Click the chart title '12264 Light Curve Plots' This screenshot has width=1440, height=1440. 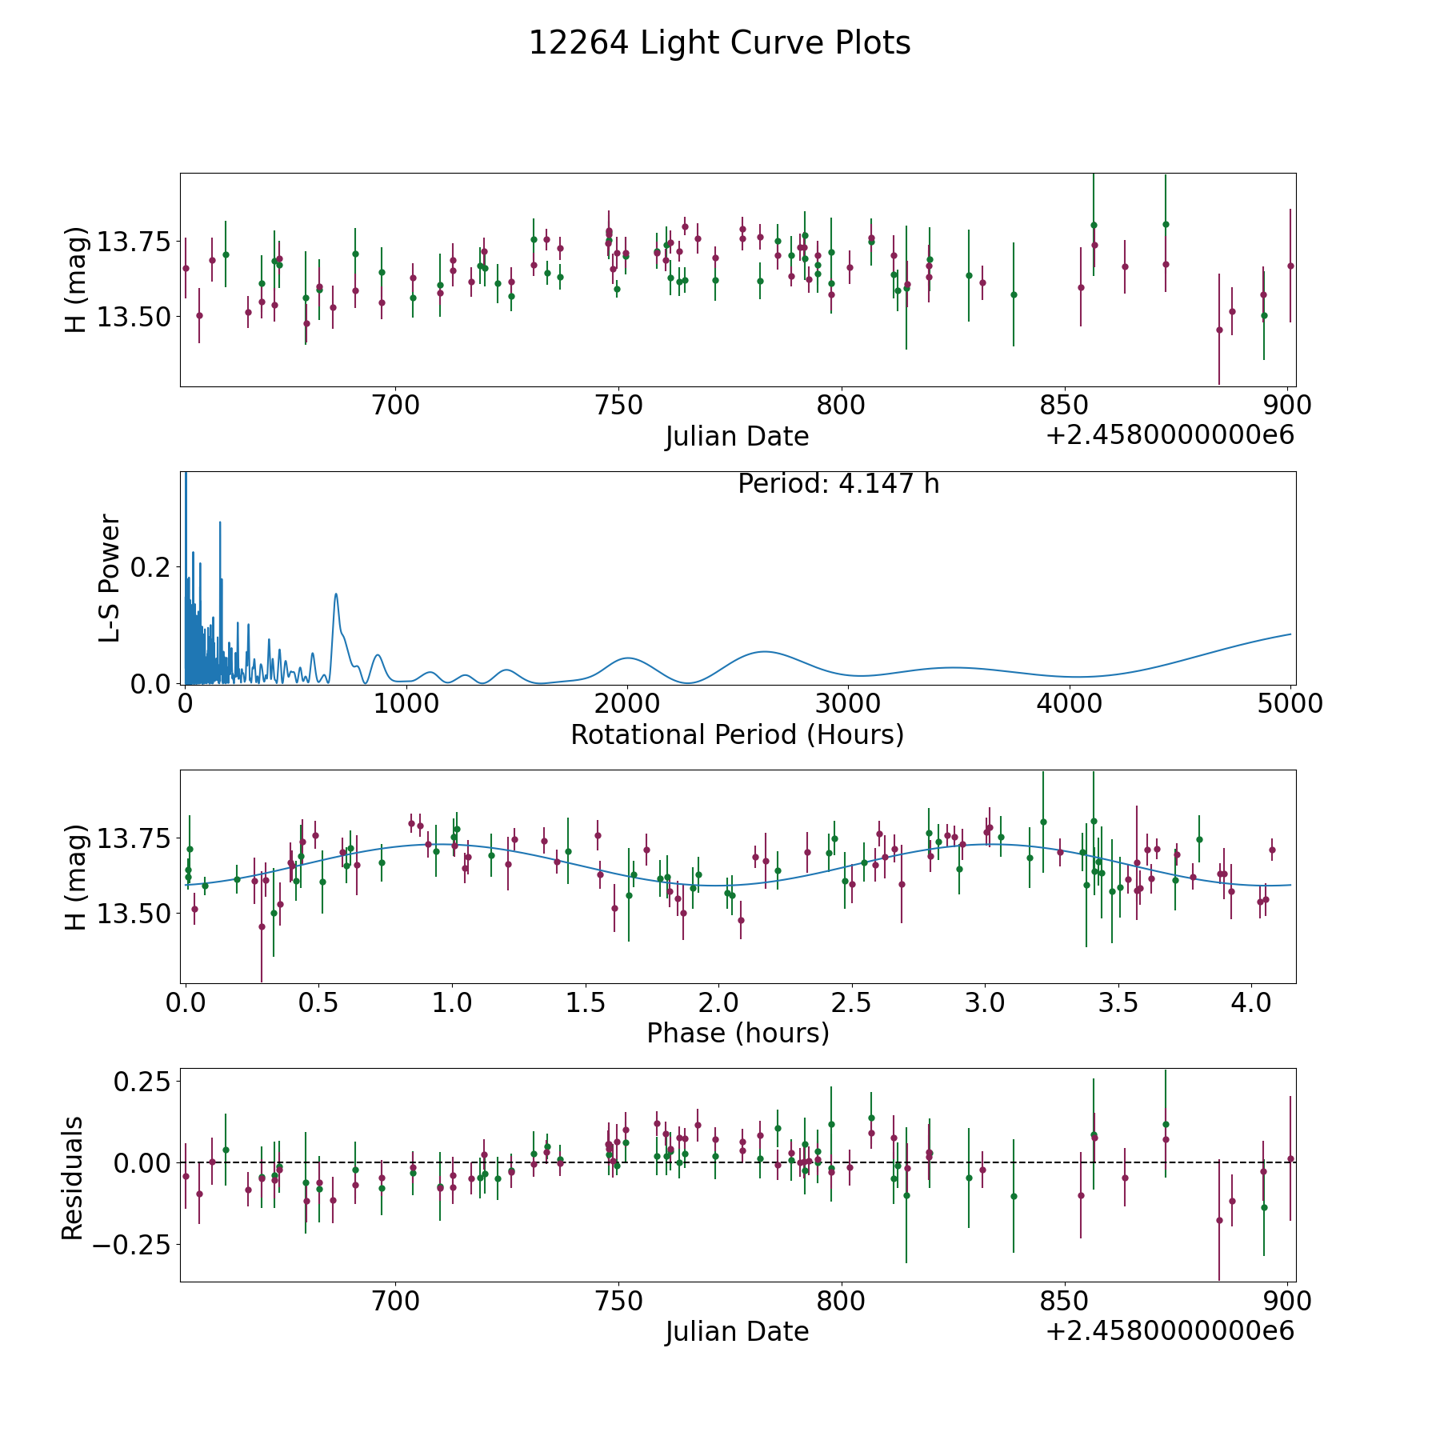click(719, 43)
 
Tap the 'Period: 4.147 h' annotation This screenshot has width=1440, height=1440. click(838, 484)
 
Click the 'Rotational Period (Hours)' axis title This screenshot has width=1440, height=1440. click(737, 734)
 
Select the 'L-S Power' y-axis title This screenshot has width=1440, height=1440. click(110, 578)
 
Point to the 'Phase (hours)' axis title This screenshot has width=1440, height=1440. click(738, 1033)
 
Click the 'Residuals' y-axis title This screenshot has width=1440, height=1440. click(73, 1178)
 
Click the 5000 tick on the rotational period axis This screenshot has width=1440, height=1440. click(1290, 703)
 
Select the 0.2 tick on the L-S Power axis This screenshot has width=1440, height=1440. click(150, 567)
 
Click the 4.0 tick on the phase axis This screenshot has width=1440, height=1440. click(1251, 1002)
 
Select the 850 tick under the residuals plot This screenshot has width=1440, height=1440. click(1065, 1301)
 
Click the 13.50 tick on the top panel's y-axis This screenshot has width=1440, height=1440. click(134, 318)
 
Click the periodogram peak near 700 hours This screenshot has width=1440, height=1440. click(336, 594)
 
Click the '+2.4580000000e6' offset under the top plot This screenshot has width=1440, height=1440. click(1170, 435)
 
